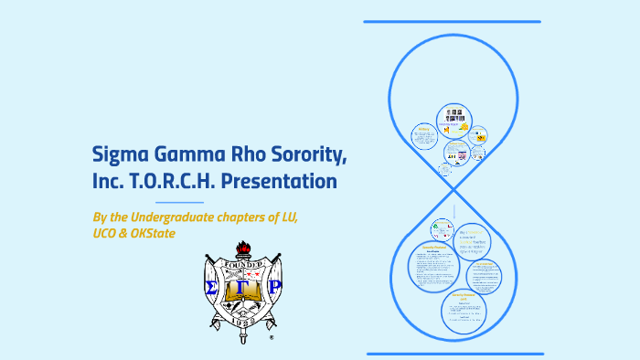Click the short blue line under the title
point(180,202)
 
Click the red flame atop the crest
point(243,249)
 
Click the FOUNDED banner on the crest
point(243,266)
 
